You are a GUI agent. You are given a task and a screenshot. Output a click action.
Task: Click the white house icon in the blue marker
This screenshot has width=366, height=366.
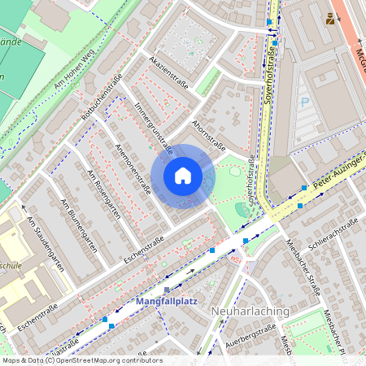point(183,176)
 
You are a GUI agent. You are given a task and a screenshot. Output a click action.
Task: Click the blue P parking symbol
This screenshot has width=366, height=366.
point(305,102)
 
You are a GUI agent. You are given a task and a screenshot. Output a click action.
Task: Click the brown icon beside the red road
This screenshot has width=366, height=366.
point(330,18)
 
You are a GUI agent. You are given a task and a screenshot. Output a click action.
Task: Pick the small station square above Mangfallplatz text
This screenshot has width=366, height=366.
point(167,289)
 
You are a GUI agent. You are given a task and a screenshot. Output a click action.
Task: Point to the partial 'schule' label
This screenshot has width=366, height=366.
point(11,265)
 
